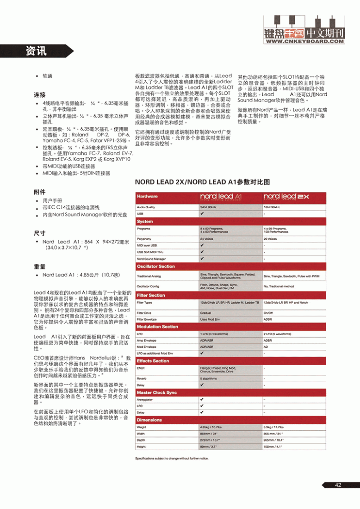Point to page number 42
(338, 485)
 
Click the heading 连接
(39, 94)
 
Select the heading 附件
(39, 192)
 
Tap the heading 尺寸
(39, 232)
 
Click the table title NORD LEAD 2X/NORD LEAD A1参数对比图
(202, 182)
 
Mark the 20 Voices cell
(270, 239)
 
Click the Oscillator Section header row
(156, 267)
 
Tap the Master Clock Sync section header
(157, 392)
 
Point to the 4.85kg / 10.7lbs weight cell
(211, 427)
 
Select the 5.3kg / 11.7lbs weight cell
(273, 427)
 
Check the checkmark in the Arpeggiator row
(202, 399)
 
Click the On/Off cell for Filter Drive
(268, 313)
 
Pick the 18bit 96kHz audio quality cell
(272, 207)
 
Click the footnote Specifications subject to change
(171, 459)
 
